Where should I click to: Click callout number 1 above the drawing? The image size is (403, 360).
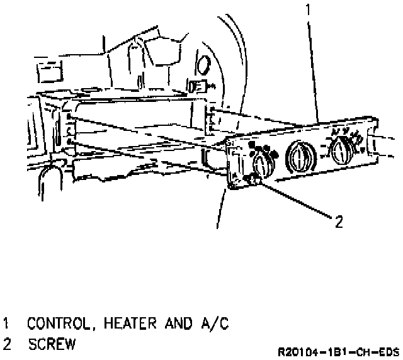(x=307, y=9)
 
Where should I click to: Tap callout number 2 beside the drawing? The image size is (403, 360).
(x=338, y=221)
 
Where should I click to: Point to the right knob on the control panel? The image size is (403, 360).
(x=341, y=150)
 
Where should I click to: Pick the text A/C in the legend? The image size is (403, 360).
(x=215, y=325)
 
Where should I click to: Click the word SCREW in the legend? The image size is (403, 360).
(x=52, y=344)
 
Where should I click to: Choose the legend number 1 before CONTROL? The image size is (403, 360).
(x=7, y=325)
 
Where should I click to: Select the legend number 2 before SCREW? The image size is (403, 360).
(x=7, y=344)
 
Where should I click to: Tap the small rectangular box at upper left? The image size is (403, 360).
(x=48, y=75)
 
